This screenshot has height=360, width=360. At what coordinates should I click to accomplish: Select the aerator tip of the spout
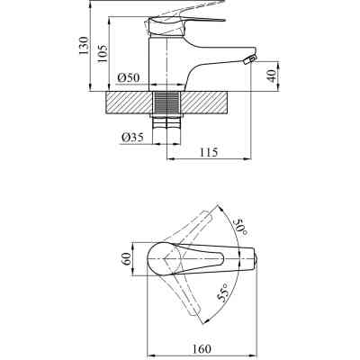pyautogui.click(x=252, y=60)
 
